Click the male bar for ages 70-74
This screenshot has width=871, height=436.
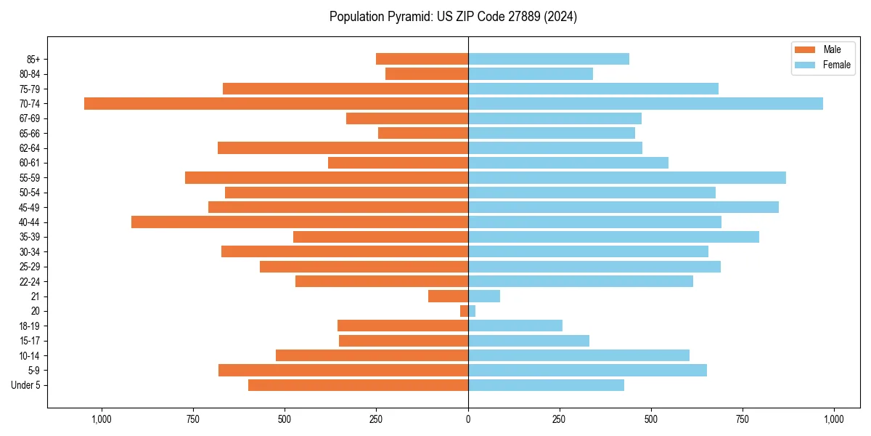click(276, 103)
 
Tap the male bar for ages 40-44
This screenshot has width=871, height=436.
click(300, 222)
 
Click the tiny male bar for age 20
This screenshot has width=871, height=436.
click(465, 311)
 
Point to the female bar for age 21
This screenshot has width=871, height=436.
click(484, 296)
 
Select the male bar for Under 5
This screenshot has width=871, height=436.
click(358, 385)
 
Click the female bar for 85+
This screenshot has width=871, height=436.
click(549, 59)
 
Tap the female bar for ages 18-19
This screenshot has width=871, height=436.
click(515, 326)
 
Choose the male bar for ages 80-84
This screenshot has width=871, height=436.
click(427, 73)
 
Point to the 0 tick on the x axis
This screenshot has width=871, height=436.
click(468, 419)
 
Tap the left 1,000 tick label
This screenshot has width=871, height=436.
click(102, 419)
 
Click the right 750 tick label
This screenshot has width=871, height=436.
click(743, 419)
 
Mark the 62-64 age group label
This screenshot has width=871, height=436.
click(30, 148)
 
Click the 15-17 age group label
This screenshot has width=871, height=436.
click(30, 341)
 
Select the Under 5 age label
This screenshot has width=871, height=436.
click(26, 385)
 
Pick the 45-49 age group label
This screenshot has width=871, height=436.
click(30, 207)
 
